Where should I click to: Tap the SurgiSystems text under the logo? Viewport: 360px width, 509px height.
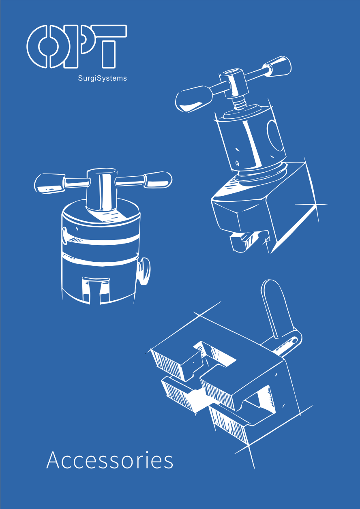pyautogui.click(x=102, y=78)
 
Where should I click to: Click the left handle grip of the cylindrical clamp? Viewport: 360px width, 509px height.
pyautogui.click(x=49, y=184)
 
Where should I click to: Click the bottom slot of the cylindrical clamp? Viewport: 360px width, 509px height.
pyautogui.click(x=96, y=291)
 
